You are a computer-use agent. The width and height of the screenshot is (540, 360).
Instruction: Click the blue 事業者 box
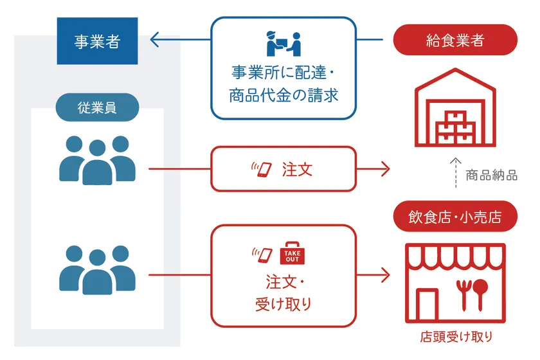[97, 42]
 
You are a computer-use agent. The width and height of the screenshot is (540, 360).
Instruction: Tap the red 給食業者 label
[455, 41]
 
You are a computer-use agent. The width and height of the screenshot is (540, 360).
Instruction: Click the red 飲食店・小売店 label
[455, 217]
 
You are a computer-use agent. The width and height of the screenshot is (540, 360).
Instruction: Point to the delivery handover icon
[283, 44]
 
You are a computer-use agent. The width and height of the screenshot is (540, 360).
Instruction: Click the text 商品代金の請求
[283, 96]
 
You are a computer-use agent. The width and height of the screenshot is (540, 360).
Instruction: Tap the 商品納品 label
[492, 175]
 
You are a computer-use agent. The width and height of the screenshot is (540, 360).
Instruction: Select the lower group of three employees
[97, 269]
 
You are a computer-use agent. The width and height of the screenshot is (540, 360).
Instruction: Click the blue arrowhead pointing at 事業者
[154, 42]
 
